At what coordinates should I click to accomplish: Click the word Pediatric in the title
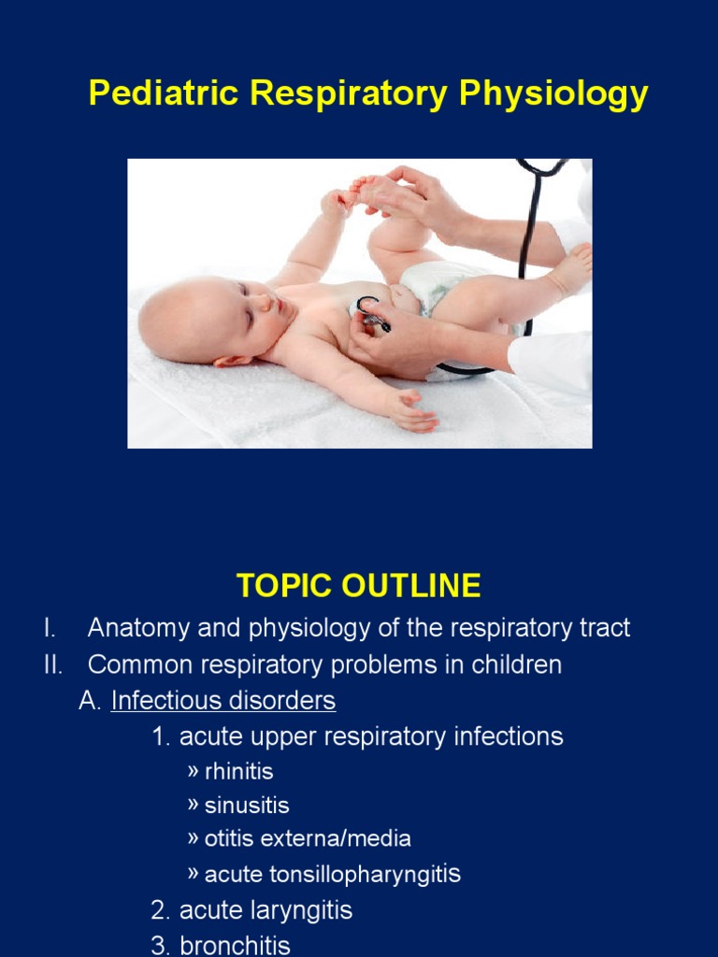click(x=151, y=94)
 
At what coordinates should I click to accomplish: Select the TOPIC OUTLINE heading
click(x=358, y=586)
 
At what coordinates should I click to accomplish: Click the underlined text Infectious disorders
click(x=223, y=700)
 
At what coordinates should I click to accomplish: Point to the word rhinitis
click(x=238, y=772)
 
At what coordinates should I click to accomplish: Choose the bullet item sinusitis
click(x=247, y=806)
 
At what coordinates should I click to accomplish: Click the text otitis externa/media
click(x=308, y=839)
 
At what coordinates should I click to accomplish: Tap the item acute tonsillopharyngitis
click(x=332, y=875)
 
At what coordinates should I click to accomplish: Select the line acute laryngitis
click(x=266, y=910)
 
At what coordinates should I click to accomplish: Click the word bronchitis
click(x=235, y=945)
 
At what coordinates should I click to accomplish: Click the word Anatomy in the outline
click(x=137, y=628)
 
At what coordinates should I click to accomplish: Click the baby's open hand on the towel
click(x=412, y=413)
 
